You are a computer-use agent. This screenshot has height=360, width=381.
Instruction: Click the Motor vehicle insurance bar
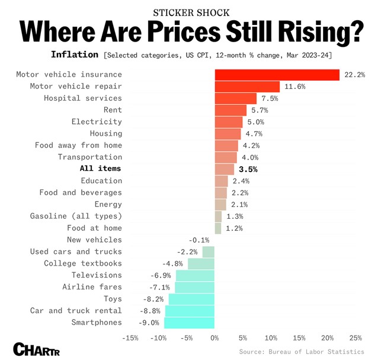coord(277,75)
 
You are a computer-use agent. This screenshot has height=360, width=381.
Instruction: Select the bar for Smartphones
coord(189,323)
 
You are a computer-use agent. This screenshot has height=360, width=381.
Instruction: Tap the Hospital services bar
coord(235,98)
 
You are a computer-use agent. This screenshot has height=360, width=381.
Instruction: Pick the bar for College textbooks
coord(201,264)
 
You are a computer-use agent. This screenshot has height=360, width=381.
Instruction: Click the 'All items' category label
coord(100,169)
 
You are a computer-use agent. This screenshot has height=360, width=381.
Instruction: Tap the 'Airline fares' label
coord(92,287)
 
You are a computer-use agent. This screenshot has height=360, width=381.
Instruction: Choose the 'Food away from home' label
coord(78,145)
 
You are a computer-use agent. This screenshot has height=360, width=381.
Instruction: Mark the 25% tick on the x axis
coord(356,338)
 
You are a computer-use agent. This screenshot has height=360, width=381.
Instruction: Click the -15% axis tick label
coord(130,338)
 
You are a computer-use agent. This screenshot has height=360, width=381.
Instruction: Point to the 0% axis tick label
coord(214,338)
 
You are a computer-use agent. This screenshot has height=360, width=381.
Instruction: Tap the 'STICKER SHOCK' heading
coord(190,12)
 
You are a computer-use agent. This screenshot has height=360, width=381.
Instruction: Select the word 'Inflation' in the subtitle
coord(75,55)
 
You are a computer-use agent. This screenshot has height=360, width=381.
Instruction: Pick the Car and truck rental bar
coord(190,311)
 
